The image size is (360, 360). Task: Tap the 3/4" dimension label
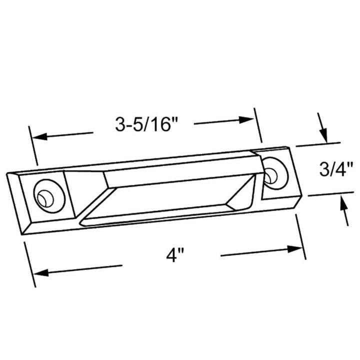click(x=336, y=170)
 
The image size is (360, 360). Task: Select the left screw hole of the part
click(x=44, y=196)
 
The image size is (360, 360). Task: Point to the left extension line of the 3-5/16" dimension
click(x=33, y=145)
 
